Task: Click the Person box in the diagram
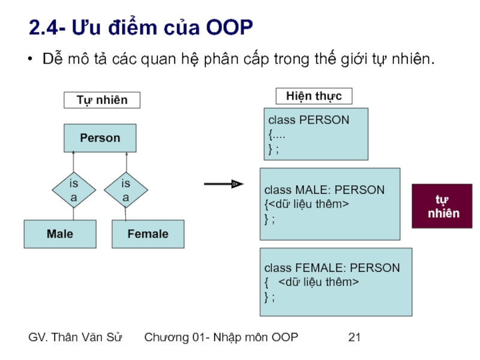point(100,138)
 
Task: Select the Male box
point(60,234)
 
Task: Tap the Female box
point(148,234)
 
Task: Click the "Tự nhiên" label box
point(102,100)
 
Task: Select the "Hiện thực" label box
point(314,96)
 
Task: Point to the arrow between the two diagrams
point(224,184)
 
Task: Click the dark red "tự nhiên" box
point(442,206)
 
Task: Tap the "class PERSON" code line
point(308,120)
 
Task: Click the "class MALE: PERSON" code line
point(324,190)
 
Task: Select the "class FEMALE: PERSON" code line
point(332,268)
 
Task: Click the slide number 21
point(354,337)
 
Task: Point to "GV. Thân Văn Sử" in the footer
point(76,337)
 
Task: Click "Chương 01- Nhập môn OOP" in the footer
point(221,337)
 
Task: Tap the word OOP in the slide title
point(229,28)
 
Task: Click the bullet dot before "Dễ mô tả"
point(30,60)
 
